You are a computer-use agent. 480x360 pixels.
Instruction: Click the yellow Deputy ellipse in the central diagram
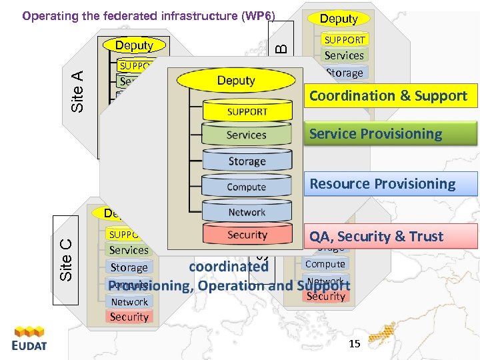(x=236, y=80)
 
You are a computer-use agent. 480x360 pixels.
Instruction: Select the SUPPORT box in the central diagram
(x=247, y=111)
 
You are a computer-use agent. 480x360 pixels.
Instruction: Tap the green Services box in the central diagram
(x=247, y=135)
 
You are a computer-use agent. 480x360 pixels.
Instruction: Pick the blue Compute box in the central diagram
(x=247, y=187)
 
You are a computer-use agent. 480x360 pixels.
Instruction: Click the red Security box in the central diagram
(x=247, y=235)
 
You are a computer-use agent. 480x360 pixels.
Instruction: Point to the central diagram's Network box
(x=247, y=212)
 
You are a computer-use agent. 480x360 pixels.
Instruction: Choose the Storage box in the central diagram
(x=247, y=161)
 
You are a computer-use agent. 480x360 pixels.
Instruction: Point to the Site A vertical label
(x=77, y=92)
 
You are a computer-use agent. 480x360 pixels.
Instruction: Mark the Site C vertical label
(x=65, y=259)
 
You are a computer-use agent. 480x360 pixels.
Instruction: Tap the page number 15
(x=354, y=344)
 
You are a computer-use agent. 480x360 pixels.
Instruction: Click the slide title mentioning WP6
(x=149, y=16)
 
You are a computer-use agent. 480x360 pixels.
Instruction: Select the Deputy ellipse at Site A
(x=134, y=45)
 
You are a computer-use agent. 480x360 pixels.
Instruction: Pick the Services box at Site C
(x=129, y=250)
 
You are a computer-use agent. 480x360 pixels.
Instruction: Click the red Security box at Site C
(x=129, y=317)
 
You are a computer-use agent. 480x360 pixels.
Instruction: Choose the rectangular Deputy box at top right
(x=339, y=19)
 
